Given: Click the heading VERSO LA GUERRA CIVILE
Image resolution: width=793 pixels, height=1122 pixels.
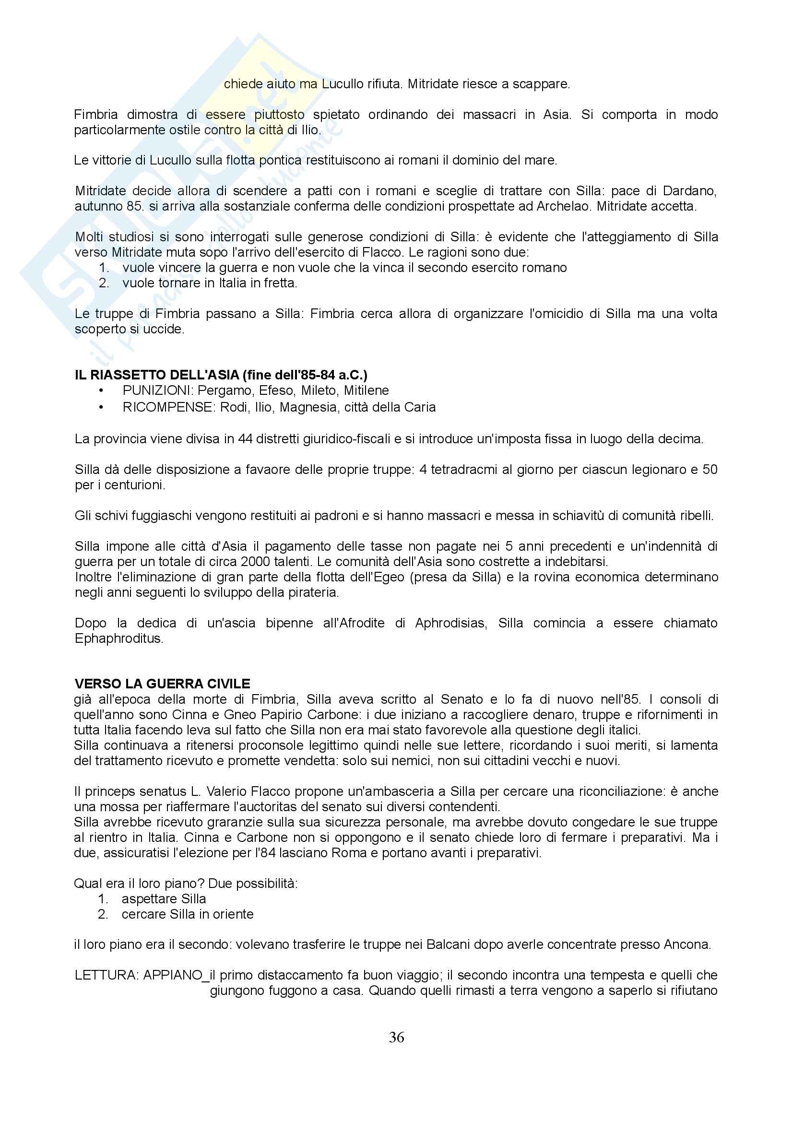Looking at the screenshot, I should tap(163, 683).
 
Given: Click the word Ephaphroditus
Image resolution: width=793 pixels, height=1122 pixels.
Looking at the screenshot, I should tap(118, 638).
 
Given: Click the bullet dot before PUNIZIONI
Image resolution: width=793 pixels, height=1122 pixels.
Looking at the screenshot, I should tap(102, 391).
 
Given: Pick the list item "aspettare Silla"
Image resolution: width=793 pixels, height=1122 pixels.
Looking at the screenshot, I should tap(164, 898).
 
